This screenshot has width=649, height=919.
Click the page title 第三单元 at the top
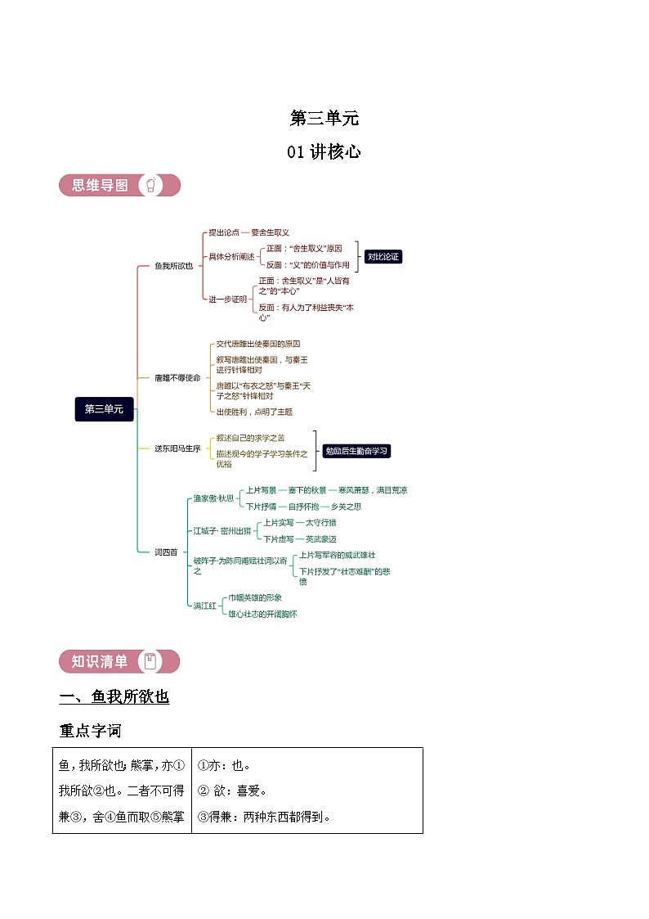tap(324, 118)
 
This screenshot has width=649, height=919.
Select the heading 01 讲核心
tap(324, 151)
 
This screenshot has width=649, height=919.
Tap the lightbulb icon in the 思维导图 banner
tap(150, 185)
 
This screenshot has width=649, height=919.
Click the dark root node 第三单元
tap(104, 408)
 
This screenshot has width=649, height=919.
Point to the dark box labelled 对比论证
tap(383, 257)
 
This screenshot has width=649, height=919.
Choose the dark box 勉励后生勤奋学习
tap(356, 451)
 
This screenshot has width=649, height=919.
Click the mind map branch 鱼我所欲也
tap(173, 265)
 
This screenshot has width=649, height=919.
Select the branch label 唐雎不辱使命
tap(177, 377)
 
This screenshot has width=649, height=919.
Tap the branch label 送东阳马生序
tap(177, 448)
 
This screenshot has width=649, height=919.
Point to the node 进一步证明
tap(227, 300)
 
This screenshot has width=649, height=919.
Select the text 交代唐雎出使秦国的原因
tap(257, 344)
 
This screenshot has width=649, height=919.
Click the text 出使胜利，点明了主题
tap(254, 412)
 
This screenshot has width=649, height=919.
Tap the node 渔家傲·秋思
tap(213, 498)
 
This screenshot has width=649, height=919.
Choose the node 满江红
tap(204, 606)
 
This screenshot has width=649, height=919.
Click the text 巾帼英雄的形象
tap(255, 597)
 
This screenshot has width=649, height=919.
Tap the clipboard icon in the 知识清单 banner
tap(150, 661)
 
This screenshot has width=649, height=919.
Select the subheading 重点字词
tap(90, 729)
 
